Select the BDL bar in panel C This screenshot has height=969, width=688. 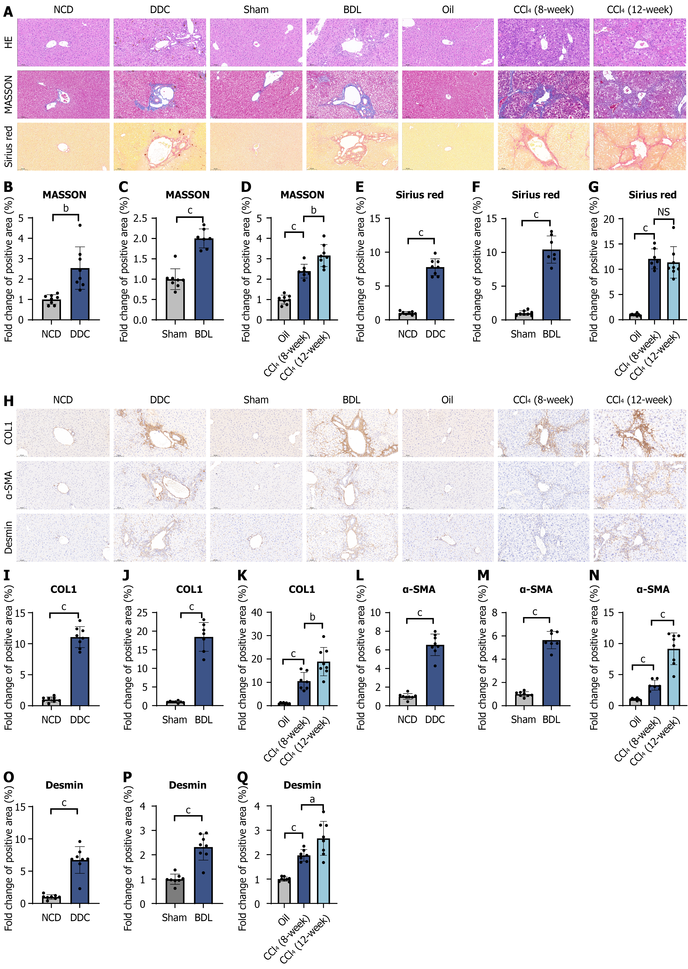(x=204, y=280)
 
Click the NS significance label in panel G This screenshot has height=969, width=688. (x=663, y=212)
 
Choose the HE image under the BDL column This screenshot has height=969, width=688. (x=352, y=42)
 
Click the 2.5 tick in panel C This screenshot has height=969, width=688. (x=140, y=219)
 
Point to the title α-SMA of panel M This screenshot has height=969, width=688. (x=536, y=589)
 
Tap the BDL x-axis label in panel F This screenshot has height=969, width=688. (x=551, y=334)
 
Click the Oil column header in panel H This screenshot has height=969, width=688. (x=447, y=400)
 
